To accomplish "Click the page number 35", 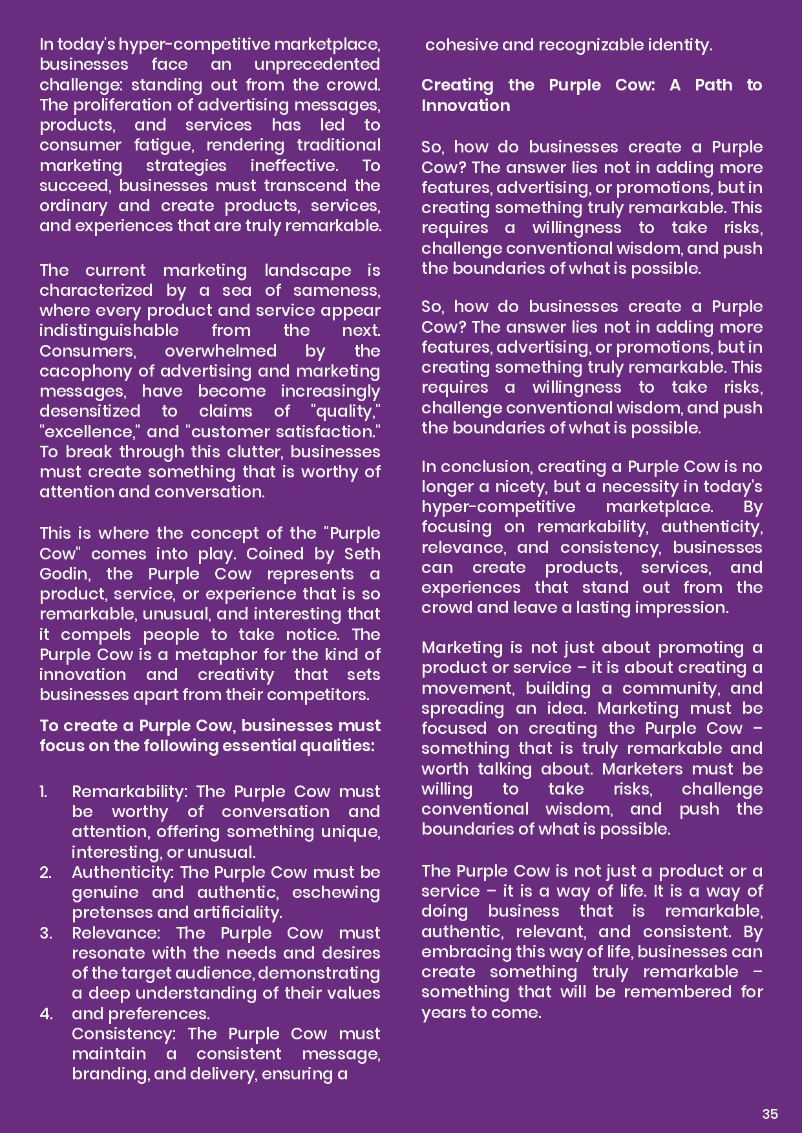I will point(770,1114).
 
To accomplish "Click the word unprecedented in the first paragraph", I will point(317,65).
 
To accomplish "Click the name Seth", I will point(362,554).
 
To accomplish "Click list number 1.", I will point(43,792).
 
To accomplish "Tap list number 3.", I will point(45,933).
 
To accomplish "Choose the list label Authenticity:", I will point(123,873).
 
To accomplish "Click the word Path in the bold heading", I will point(713,85).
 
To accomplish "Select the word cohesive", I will point(461,45).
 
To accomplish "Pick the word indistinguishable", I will point(109,331).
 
